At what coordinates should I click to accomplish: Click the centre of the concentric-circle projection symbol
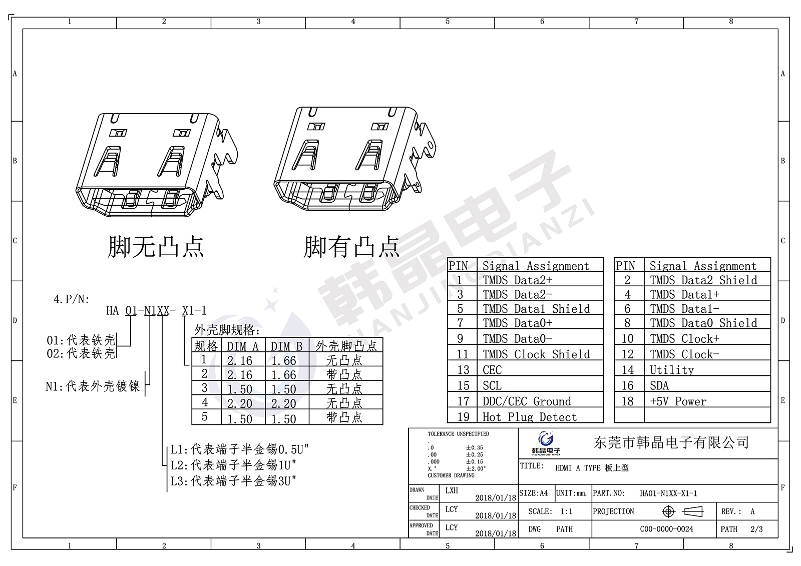pyautogui.click(x=668, y=511)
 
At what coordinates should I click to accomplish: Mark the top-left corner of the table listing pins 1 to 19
pyautogui.click(x=448, y=257)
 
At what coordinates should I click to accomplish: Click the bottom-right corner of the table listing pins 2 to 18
pyautogui.click(x=771, y=422)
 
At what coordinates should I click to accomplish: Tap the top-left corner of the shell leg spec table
pyautogui.click(x=192, y=337)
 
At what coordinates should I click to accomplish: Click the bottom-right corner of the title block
pyautogui.click(x=778, y=538)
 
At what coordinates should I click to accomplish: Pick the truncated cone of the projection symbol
pyautogui.click(x=693, y=511)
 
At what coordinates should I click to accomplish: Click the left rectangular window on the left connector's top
pyautogui.click(x=118, y=133)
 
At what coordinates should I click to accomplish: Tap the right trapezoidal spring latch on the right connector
pyautogui.click(x=369, y=155)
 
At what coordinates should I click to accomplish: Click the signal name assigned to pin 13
pyautogui.click(x=492, y=370)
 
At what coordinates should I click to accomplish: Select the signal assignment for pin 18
pyautogui.click(x=678, y=401)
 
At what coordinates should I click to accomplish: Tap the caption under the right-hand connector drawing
pyautogui.click(x=351, y=247)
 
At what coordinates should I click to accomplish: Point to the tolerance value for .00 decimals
pyautogui.click(x=475, y=455)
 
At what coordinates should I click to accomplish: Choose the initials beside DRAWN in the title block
pyautogui.click(x=452, y=490)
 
